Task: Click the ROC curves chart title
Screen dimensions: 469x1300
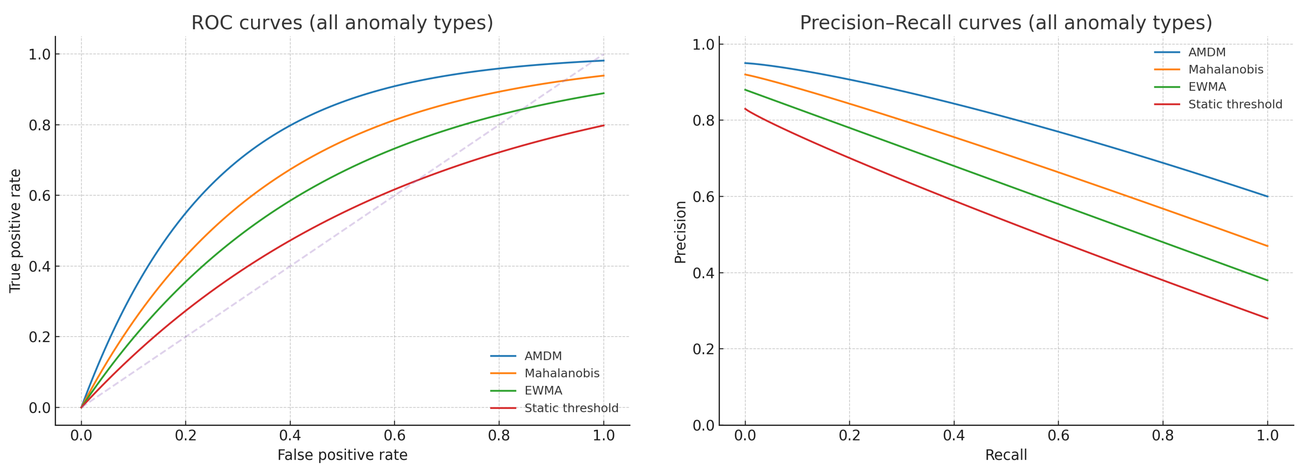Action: pos(342,23)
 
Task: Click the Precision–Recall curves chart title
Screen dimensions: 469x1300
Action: pos(1006,23)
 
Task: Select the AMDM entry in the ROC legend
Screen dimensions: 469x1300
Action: pos(542,356)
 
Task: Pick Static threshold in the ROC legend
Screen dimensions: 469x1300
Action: pos(571,408)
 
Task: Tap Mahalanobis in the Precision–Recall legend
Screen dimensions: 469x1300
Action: pos(1225,70)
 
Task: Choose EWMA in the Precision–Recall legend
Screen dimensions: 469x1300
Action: pos(1207,87)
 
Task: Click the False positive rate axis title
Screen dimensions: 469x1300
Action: pos(342,455)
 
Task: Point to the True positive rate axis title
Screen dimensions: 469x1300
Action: pos(15,230)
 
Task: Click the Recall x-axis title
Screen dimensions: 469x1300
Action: pos(1006,455)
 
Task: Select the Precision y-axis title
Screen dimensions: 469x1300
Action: pos(680,232)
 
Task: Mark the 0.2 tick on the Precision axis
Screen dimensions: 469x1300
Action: pos(704,349)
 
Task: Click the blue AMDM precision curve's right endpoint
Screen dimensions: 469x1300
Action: pos(1267,196)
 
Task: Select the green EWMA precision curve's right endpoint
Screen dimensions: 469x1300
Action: pos(1267,281)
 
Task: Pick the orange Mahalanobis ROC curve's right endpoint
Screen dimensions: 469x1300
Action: pos(604,76)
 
